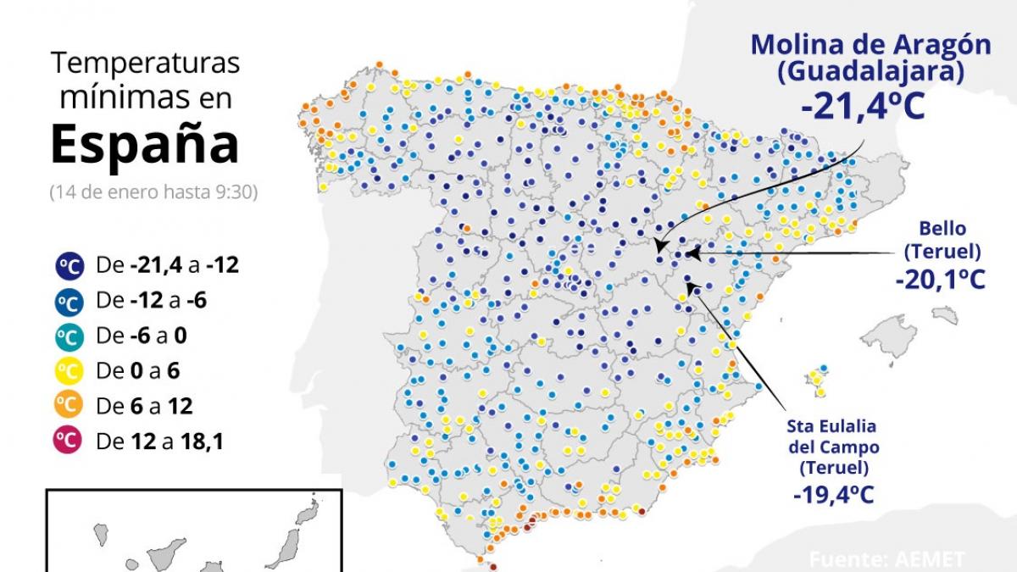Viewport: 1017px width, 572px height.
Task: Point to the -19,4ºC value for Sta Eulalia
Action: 833,493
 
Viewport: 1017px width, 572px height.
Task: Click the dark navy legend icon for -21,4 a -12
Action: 69,266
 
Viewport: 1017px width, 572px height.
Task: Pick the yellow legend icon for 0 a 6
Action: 69,370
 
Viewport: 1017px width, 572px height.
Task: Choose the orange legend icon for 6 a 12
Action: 69,406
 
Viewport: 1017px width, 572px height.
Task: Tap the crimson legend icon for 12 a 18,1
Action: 69,441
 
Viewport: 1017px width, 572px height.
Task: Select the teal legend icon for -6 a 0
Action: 69,336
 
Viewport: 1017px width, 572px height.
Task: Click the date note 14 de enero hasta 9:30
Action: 153,191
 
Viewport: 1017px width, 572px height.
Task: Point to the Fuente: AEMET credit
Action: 886,559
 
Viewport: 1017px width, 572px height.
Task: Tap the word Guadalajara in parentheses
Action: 870,73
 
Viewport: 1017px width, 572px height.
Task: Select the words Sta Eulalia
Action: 831,426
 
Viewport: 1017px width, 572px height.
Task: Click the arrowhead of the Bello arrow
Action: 691,253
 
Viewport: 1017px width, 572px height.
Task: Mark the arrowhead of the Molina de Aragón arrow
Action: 658,247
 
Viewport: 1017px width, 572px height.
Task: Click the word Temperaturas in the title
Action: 145,64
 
